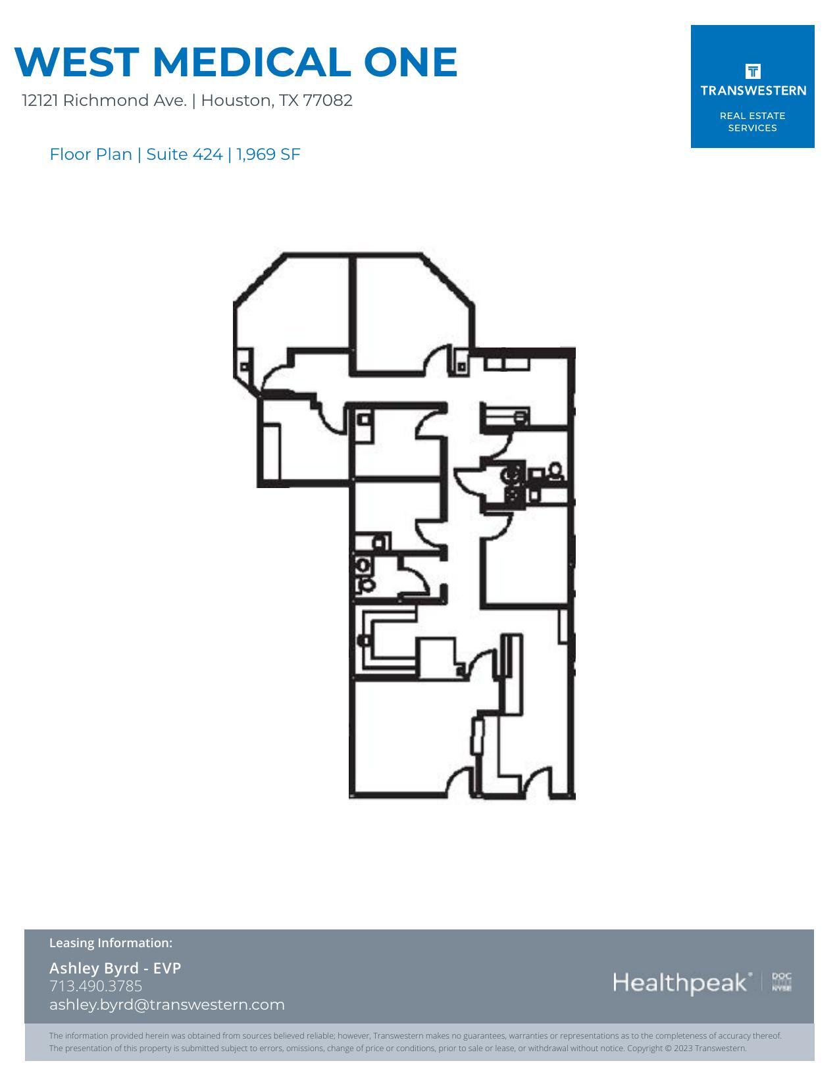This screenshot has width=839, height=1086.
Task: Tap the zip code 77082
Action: pyautogui.click(x=328, y=101)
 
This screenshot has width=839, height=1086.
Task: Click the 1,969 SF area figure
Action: pyautogui.click(x=268, y=155)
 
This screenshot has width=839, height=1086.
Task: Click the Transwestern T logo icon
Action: pyautogui.click(x=752, y=71)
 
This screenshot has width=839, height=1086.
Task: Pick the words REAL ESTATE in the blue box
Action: pyautogui.click(x=752, y=116)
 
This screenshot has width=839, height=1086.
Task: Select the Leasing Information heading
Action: pyautogui.click(x=111, y=943)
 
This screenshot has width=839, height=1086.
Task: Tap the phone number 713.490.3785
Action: pyautogui.click(x=95, y=986)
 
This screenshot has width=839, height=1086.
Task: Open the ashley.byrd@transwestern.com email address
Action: pyautogui.click(x=166, y=1004)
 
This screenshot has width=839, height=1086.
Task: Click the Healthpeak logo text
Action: pyautogui.click(x=681, y=983)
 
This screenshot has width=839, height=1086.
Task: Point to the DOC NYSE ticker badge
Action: pyautogui.click(x=782, y=982)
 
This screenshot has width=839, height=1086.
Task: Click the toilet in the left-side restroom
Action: pyautogui.click(x=364, y=566)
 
